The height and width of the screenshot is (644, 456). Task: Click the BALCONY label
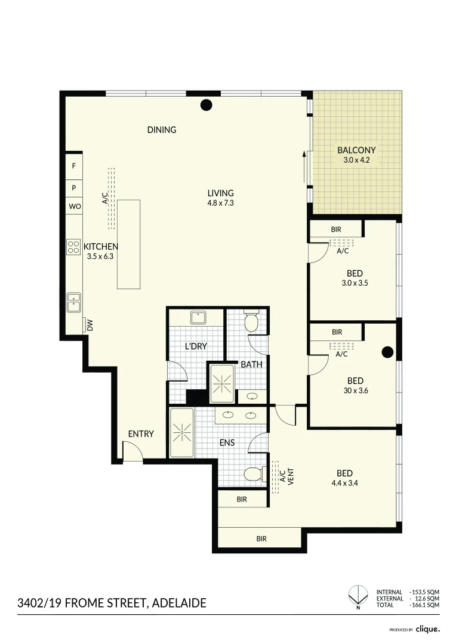356,150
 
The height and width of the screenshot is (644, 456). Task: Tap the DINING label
162,130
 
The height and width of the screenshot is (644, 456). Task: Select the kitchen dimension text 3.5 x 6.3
100,256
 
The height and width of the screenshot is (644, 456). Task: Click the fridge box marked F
74,166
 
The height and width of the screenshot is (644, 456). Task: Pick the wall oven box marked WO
75,206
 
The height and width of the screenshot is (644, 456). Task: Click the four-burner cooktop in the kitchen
73,247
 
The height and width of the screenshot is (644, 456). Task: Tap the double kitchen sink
74,303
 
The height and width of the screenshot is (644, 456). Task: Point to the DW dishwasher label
90,326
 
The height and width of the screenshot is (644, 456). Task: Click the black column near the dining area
206,105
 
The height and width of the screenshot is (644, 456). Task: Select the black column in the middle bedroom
387,352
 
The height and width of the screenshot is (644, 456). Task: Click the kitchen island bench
129,244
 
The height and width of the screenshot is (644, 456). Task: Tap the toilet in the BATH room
251,321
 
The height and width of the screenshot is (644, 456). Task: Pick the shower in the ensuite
181,432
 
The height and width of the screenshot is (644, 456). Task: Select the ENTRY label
141,434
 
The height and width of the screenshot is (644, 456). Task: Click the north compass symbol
358,597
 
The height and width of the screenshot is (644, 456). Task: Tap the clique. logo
427,629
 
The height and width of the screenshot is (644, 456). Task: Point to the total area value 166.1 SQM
426,605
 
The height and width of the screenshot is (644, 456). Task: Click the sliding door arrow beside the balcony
304,167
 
